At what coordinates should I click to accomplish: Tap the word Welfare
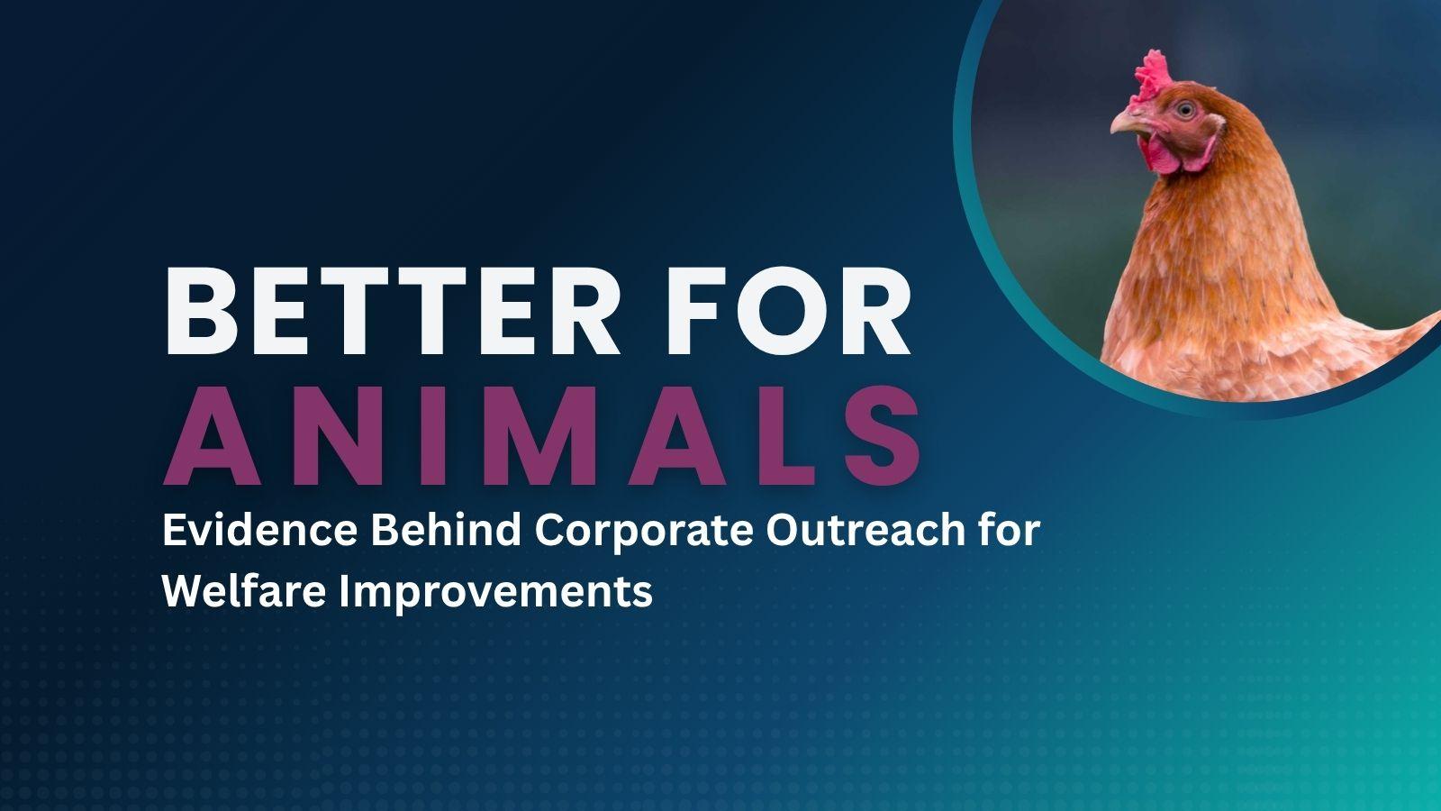pyautogui.click(x=244, y=591)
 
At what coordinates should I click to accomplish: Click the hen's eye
pyautogui.click(x=1185, y=110)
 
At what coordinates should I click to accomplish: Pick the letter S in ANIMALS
pyautogui.click(x=884, y=436)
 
